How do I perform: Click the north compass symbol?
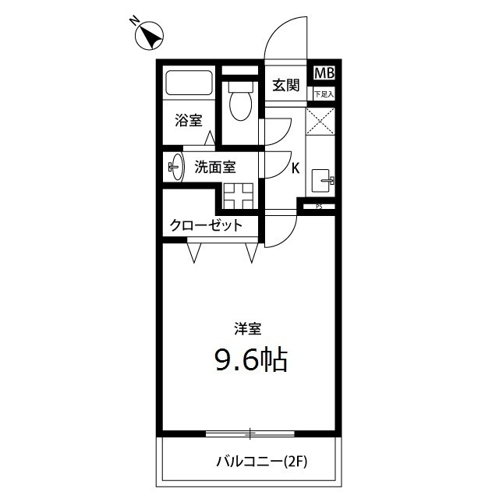(x=149, y=36)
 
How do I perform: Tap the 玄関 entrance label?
(x=286, y=85)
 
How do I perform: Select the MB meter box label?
(x=324, y=73)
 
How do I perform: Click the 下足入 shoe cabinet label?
(x=324, y=94)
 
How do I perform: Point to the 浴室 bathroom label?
(x=188, y=121)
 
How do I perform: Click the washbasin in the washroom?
(x=176, y=166)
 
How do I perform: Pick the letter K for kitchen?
(x=296, y=166)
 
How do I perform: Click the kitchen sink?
(x=322, y=181)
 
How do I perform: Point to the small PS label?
(x=318, y=207)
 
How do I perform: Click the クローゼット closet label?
(x=206, y=226)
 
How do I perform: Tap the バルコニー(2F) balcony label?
(x=262, y=462)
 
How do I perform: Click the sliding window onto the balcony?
(x=250, y=432)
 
